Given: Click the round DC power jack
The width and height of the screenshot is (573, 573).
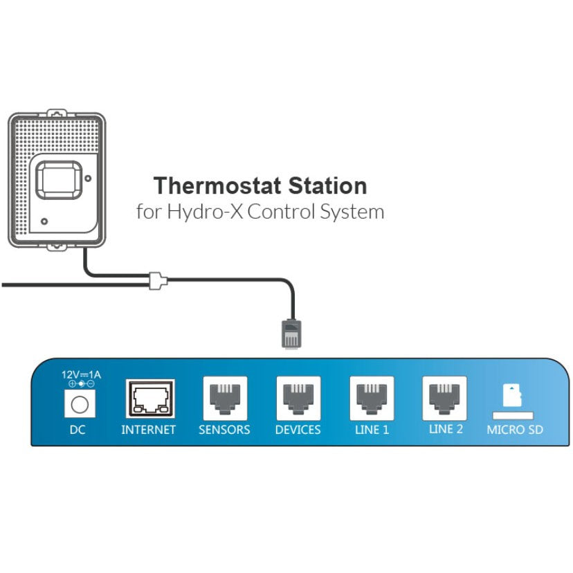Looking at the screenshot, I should (x=79, y=403).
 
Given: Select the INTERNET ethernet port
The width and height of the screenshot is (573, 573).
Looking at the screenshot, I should (x=150, y=399).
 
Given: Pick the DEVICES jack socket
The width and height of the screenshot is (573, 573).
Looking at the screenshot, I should (x=298, y=398).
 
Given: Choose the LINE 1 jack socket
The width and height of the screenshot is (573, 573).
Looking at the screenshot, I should (x=372, y=398).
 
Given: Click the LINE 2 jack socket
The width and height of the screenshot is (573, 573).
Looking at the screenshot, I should (x=445, y=398).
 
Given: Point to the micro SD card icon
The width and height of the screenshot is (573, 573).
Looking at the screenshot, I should (x=513, y=397).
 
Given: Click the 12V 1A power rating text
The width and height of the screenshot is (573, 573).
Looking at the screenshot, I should (x=80, y=374).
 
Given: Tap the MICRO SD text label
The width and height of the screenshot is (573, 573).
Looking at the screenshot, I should (x=514, y=430).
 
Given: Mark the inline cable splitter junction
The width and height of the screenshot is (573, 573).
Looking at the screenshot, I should (x=158, y=280).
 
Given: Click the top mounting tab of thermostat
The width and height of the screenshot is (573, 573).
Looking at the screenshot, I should (x=57, y=111).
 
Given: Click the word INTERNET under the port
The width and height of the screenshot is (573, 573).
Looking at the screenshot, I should (x=149, y=430).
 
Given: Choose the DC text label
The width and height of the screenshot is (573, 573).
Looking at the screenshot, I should (x=78, y=430).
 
